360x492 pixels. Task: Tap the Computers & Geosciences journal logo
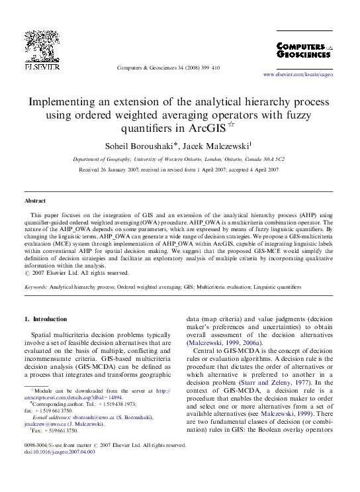tap(304, 52)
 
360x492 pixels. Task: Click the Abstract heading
tap(34, 200)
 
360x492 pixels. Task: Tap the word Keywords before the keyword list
tap(36, 288)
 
